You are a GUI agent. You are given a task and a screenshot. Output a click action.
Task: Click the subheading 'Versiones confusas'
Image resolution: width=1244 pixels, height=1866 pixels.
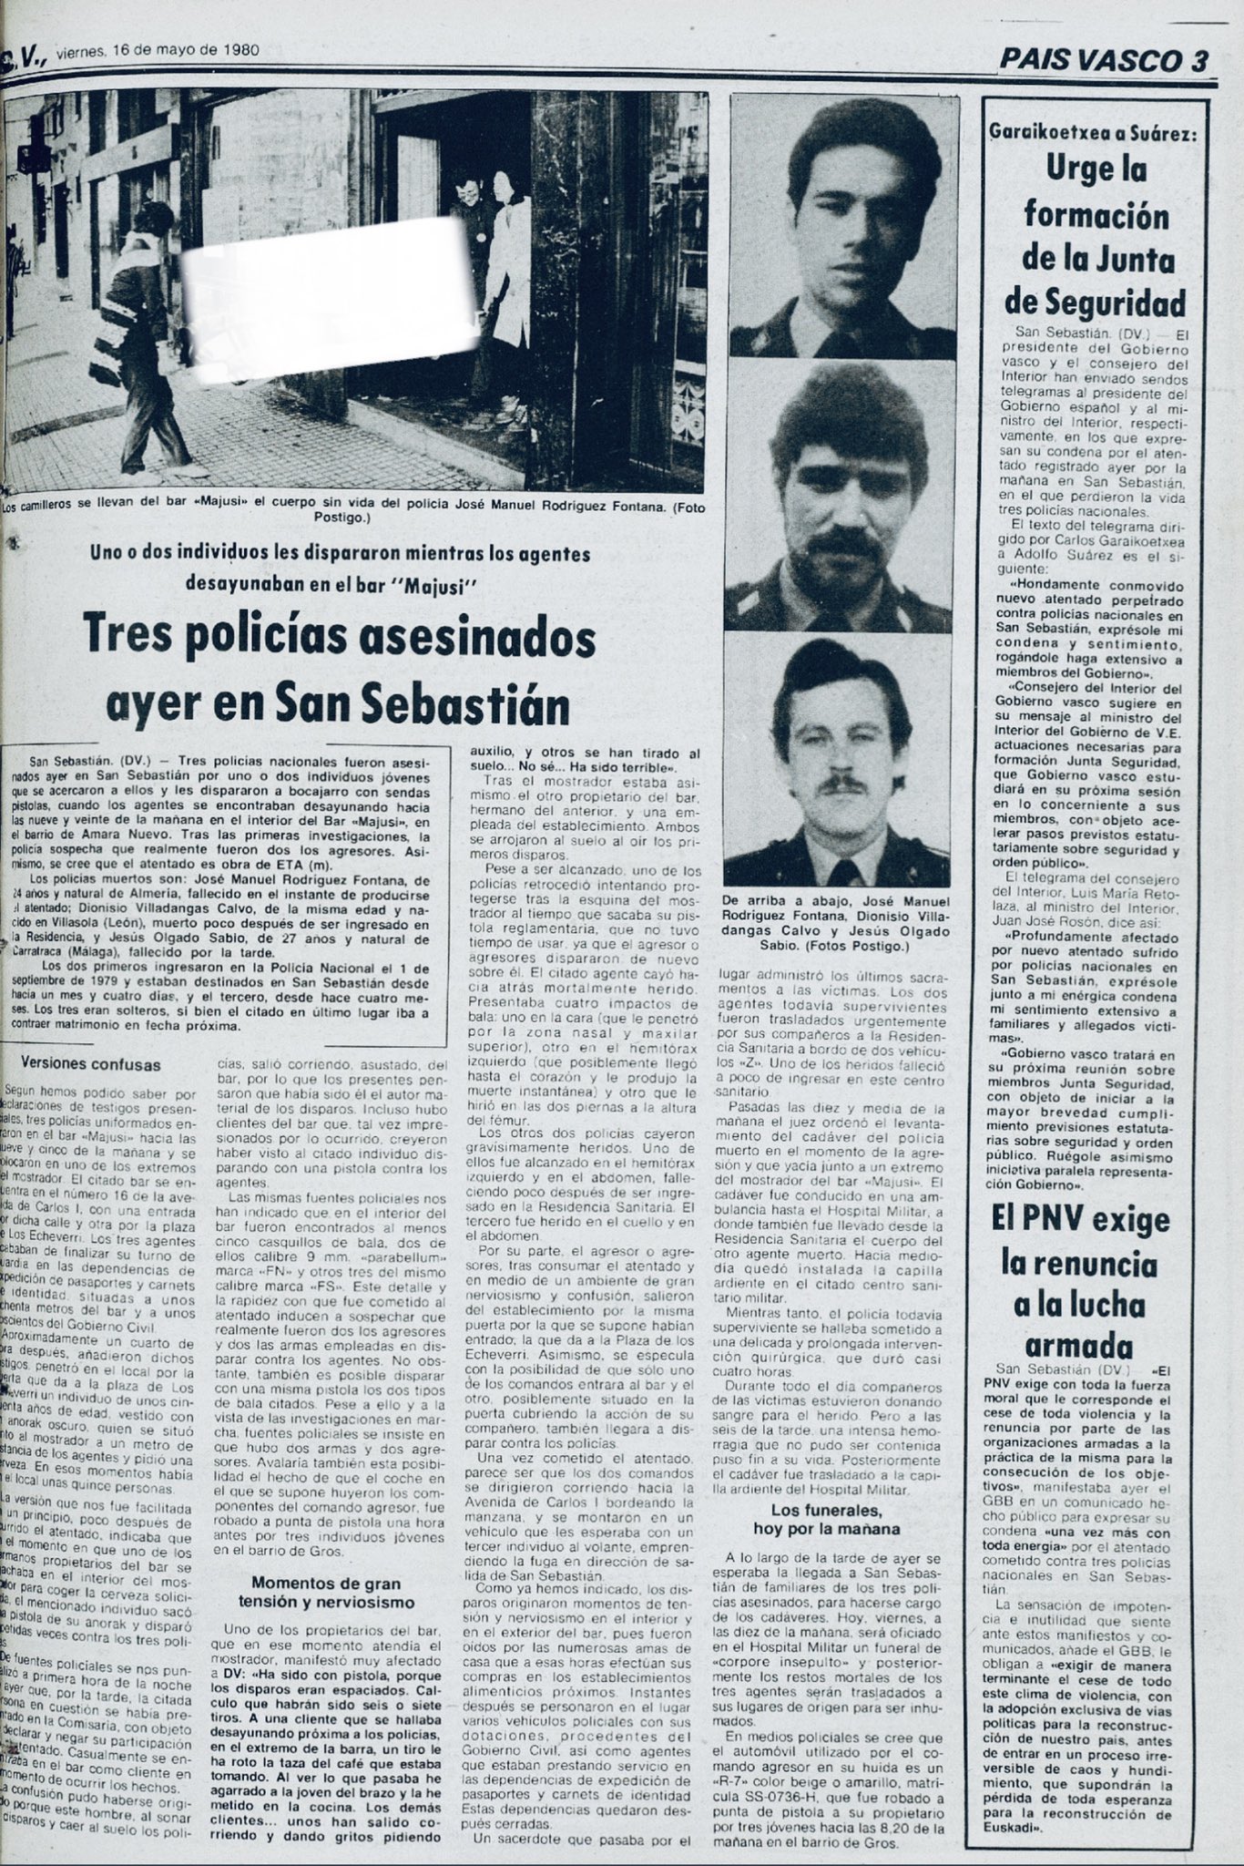click(91, 1064)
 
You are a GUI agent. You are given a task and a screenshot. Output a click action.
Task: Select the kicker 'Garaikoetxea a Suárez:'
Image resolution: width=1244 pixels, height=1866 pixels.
click(1093, 134)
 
